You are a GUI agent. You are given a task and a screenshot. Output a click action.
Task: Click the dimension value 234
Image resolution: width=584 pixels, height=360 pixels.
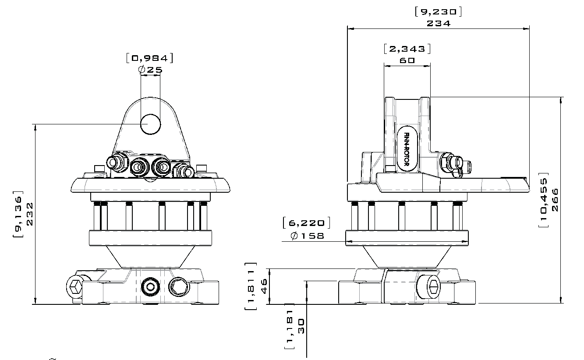438,24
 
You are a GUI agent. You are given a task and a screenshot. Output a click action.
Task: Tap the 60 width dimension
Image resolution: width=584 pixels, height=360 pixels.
407,60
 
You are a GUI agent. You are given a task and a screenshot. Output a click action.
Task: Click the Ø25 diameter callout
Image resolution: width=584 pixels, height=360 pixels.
150,69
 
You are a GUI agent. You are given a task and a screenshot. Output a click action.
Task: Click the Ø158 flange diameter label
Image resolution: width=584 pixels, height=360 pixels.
308,236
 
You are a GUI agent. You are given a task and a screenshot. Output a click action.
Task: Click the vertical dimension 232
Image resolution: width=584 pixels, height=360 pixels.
30,214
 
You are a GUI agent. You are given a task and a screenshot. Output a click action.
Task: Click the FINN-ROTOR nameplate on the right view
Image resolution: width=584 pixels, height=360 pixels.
406,150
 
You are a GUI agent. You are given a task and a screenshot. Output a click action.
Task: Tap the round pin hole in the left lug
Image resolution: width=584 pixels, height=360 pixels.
150,124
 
